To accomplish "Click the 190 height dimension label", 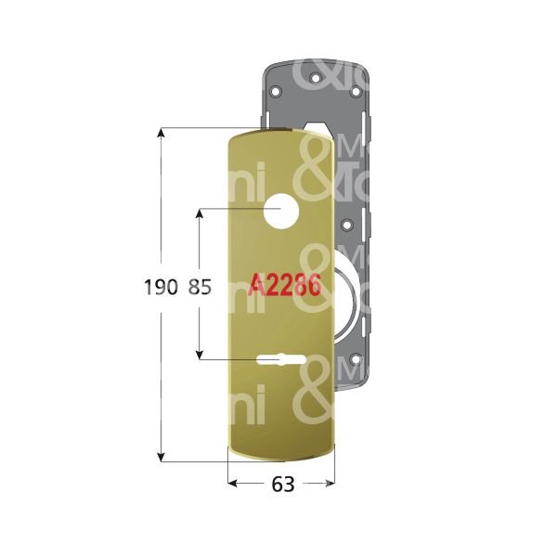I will pyautogui.click(x=160, y=289).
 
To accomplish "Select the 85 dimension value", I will pyautogui.click(x=200, y=289).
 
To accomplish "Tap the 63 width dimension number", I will pyautogui.click(x=282, y=485).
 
